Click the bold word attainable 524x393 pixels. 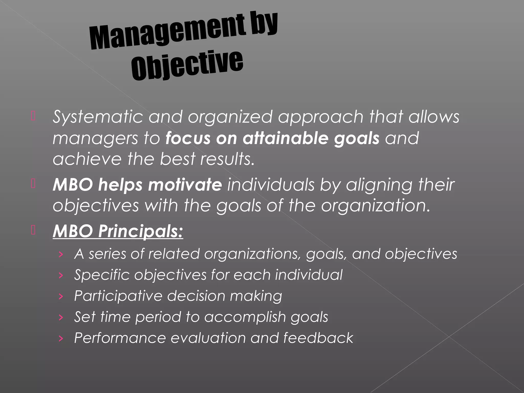(285, 138)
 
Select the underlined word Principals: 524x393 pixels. (141, 231)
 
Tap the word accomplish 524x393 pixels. (245, 317)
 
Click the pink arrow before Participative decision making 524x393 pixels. (61, 297)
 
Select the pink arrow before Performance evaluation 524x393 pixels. (61, 339)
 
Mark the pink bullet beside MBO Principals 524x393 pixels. (33, 230)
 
